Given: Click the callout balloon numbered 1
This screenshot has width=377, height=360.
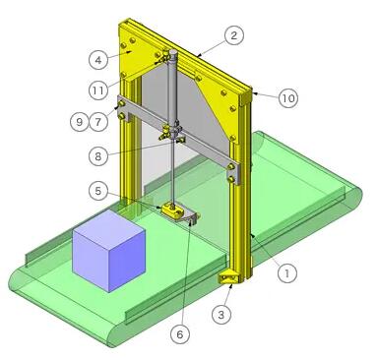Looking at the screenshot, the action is tap(287, 272).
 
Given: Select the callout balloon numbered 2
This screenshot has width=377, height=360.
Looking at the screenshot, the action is tap(233, 35).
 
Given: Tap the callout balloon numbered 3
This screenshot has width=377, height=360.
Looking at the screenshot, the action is tap(221, 315).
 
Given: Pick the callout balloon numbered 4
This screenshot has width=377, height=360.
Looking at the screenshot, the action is tap(98, 60).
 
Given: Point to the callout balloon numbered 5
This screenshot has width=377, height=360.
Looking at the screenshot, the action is tap(98, 191).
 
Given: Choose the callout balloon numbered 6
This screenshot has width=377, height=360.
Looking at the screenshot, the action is tap(180, 334).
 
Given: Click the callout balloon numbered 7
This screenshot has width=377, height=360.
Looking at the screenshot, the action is tap(98, 122).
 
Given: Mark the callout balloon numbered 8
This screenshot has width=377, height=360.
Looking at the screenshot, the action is tap(98, 156).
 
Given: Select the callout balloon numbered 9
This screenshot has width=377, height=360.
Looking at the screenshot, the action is tap(80, 122).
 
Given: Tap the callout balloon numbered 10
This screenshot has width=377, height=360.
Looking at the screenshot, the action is tap(288, 97).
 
